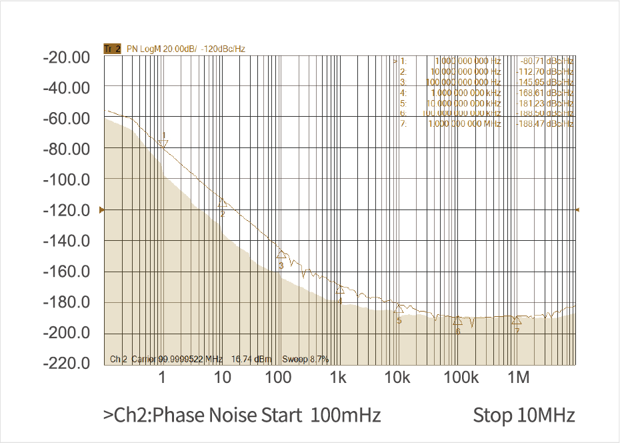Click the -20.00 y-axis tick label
pyautogui.click(x=66, y=57)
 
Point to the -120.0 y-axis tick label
pyautogui.click(x=66, y=210)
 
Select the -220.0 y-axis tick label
pyautogui.click(x=66, y=364)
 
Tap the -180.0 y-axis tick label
pyautogui.click(x=66, y=302)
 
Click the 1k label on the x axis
pyautogui.click(x=338, y=378)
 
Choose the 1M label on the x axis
pyautogui.click(x=519, y=378)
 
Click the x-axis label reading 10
pyautogui.click(x=223, y=378)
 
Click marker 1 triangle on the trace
pyautogui.click(x=164, y=143)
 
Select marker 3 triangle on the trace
pyautogui.click(x=281, y=254)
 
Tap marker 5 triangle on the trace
pyautogui.click(x=399, y=309)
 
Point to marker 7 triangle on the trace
pyautogui.click(x=517, y=320)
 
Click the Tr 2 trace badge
pyautogui.click(x=112, y=49)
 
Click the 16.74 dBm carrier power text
pyautogui.click(x=251, y=359)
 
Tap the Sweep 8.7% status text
pyautogui.click(x=305, y=359)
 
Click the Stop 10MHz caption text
pyautogui.click(x=524, y=415)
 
